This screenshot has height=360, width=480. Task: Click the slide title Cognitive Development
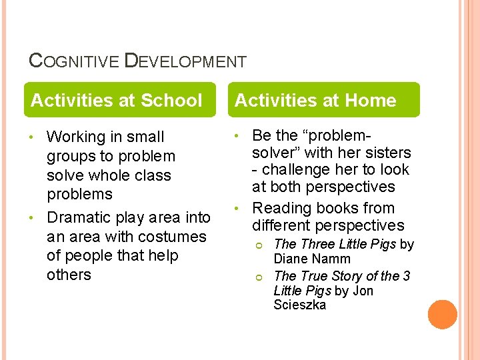tap(138, 62)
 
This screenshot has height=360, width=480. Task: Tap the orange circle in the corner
tap(443, 315)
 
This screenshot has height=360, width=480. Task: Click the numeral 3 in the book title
tap(406, 276)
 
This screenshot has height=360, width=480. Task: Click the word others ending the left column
tap(69, 275)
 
